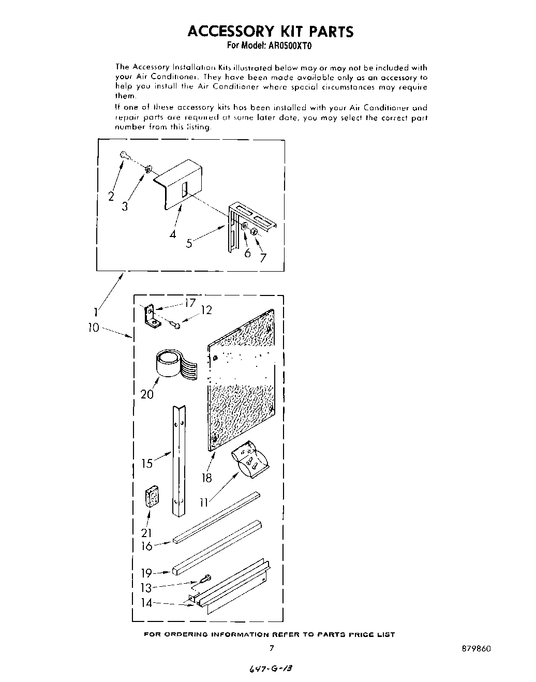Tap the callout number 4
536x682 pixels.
173,234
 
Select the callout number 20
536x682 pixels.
147,394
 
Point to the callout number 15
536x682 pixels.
147,463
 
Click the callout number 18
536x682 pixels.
207,478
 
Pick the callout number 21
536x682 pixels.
146,533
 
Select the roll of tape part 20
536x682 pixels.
172,363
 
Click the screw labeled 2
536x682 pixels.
124,154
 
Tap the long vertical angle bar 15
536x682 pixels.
178,461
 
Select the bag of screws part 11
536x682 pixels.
250,457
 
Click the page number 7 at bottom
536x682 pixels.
271,648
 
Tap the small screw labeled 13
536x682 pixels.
207,578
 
